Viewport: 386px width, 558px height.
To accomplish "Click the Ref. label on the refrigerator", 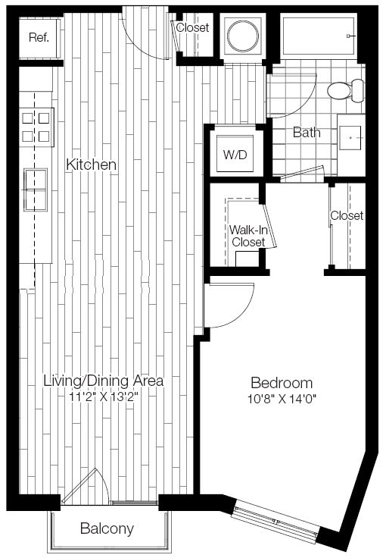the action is coord(39,37).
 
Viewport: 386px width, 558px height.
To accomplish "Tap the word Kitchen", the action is coord(92,165).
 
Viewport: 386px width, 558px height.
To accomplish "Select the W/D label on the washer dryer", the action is coord(235,155).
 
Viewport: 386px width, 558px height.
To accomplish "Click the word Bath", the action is coord(307,133).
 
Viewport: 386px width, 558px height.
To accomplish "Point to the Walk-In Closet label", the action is coord(248,236).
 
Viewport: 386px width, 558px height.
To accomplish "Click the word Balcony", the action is coord(107,528).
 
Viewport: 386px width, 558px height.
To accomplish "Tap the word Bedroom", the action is coord(282,383).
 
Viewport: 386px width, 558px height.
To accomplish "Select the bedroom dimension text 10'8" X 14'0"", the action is coord(282,399).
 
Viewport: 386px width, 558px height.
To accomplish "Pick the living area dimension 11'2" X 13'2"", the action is coord(104,396).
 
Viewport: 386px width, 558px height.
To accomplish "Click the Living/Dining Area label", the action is coord(104,381).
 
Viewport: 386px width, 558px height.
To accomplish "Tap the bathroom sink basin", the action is coord(350,138).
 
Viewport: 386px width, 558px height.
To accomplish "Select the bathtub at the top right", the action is coord(319,36).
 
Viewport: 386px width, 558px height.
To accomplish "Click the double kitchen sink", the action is coord(36,190).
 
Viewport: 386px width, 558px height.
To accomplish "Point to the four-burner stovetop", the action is coord(36,127).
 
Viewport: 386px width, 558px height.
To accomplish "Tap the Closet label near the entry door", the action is coord(192,27).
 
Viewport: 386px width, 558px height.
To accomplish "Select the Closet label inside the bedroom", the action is coord(347,215).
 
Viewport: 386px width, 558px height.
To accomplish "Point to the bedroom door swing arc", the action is coord(242,313).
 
